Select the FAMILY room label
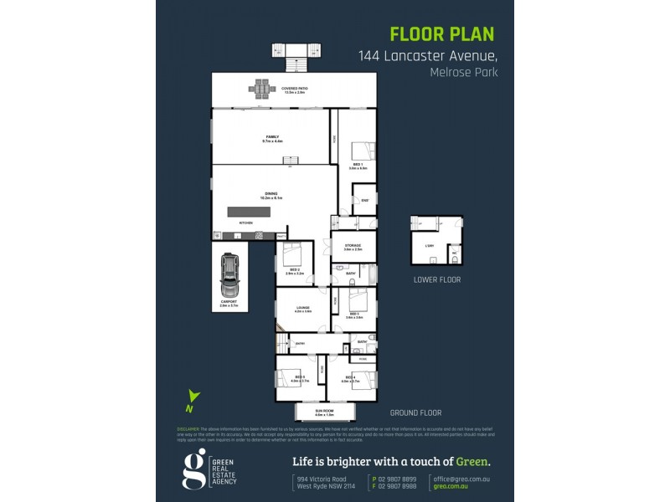pos(272,138)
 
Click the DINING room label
pos(272,195)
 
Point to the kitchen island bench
pos(250,213)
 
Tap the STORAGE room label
pos(353,246)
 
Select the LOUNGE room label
pos(302,308)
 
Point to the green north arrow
pos(193,400)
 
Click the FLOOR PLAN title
pos(442,34)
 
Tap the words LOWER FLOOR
pos(437,279)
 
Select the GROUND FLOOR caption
pos(415,412)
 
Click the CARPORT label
pos(229,302)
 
